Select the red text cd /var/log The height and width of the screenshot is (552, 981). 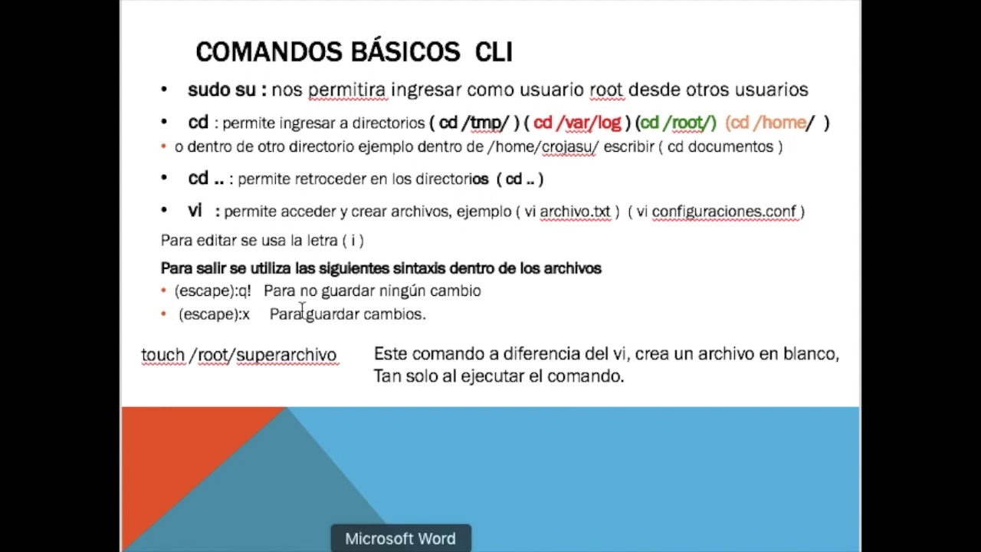577,123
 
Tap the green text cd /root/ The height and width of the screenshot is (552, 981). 678,123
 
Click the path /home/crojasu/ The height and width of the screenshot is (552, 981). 543,146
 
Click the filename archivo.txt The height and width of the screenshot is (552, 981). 575,211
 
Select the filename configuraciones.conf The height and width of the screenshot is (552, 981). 724,211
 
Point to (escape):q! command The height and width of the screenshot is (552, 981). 212,291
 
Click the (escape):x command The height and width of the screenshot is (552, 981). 214,314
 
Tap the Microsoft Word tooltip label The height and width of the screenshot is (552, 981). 400,539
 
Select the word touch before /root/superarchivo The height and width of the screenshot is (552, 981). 162,354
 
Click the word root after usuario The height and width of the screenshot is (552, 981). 605,90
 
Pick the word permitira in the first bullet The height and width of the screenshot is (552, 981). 346,90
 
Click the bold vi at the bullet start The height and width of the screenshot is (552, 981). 195,210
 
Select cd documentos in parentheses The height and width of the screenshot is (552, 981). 721,146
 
